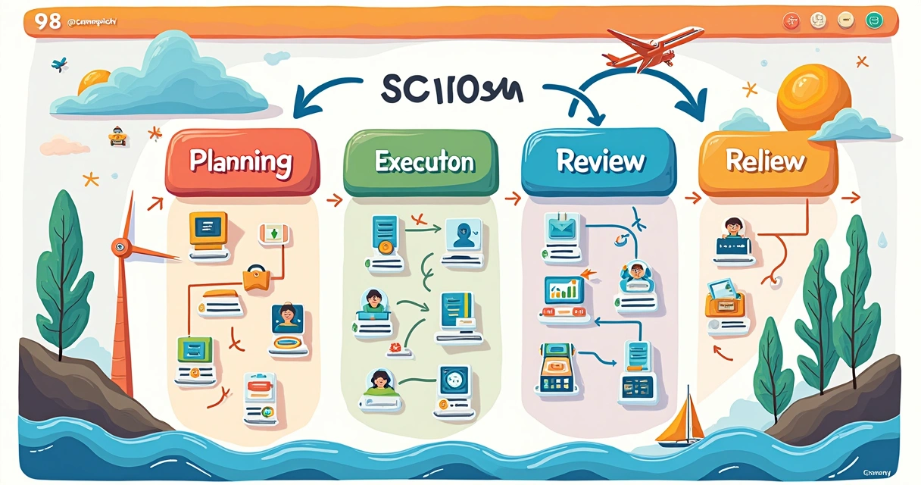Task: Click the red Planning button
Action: (x=241, y=161)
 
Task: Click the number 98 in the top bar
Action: (x=48, y=21)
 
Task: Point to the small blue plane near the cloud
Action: (x=59, y=64)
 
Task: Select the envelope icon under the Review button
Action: (x=562, y=227)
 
